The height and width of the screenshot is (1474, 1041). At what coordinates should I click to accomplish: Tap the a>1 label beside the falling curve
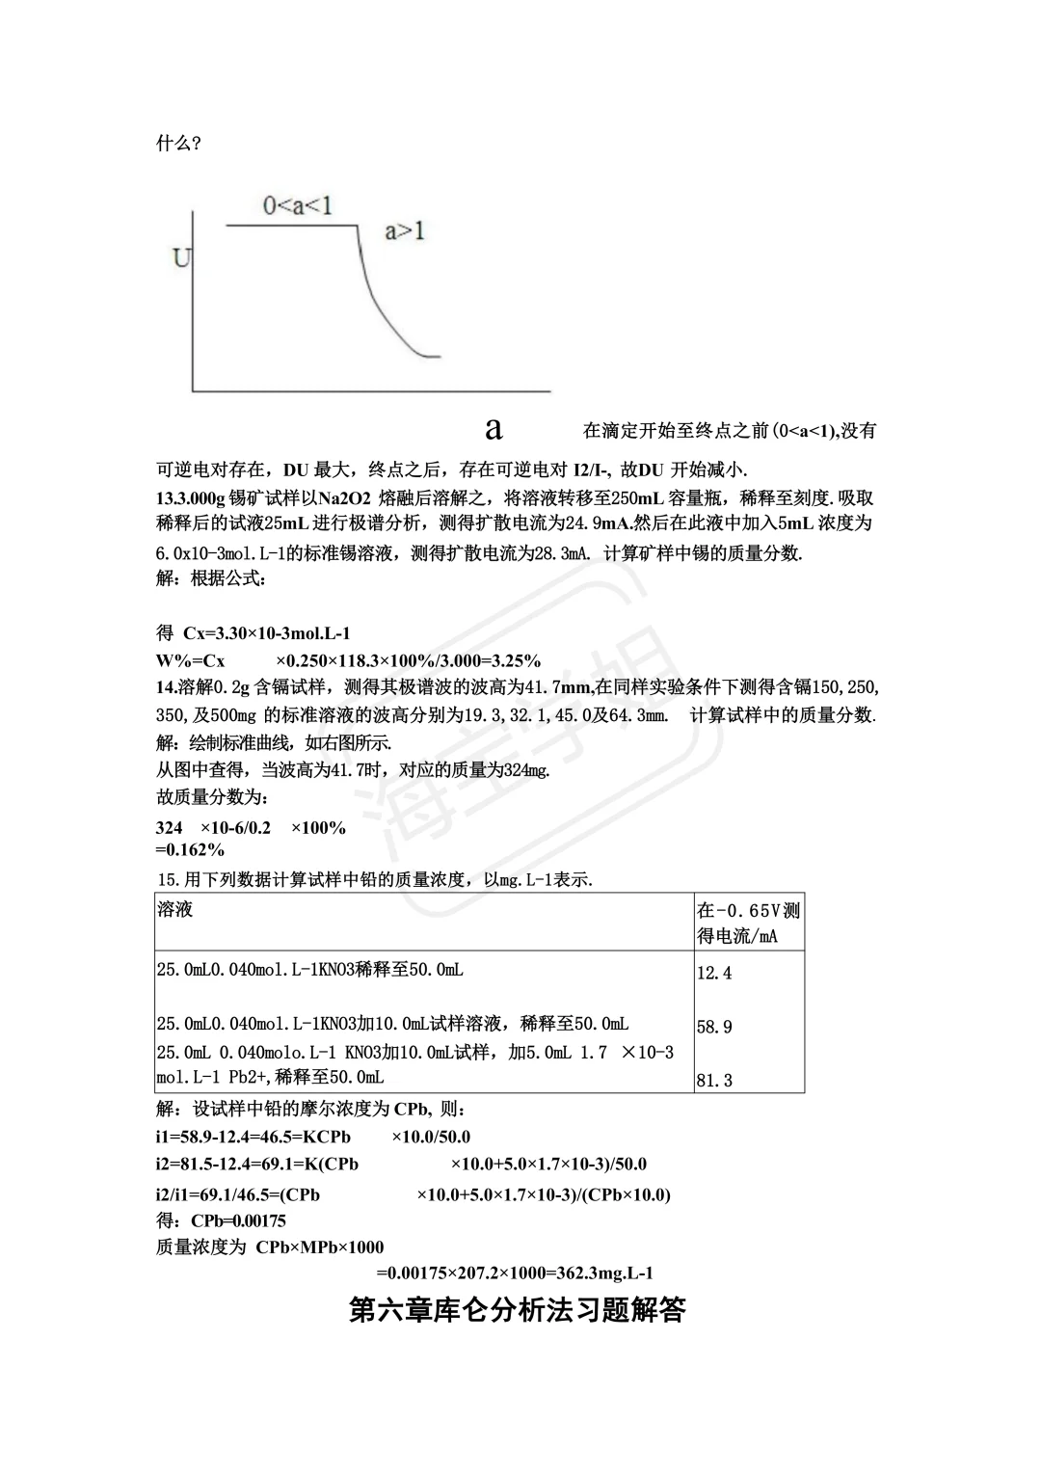(405, 231)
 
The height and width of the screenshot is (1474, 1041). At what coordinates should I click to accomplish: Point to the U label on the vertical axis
(181, 258)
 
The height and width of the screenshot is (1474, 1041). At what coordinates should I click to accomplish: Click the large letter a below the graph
(494, 428)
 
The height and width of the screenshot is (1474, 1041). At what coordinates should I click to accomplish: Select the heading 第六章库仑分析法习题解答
(518, 1311)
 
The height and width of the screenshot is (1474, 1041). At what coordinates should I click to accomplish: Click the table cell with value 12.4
(714, 973)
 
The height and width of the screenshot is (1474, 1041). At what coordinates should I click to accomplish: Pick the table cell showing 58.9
(714, 1027)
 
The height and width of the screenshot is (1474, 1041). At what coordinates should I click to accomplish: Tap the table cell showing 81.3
(714, 1081)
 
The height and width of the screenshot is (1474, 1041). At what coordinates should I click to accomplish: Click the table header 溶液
(174, 910)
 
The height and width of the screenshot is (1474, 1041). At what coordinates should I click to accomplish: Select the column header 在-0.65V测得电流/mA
(748, 923)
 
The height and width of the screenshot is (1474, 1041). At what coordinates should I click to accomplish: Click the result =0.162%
(190, 849)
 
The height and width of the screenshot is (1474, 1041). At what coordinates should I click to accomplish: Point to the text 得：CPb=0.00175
(221, 1220)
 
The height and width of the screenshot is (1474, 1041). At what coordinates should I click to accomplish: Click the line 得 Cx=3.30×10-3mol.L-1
(254, 633)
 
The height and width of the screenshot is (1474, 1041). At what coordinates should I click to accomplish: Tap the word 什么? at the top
(178, 144)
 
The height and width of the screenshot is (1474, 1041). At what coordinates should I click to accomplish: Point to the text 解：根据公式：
(211, 579)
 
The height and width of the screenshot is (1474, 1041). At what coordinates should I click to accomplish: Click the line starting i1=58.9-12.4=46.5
(313, 1137)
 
